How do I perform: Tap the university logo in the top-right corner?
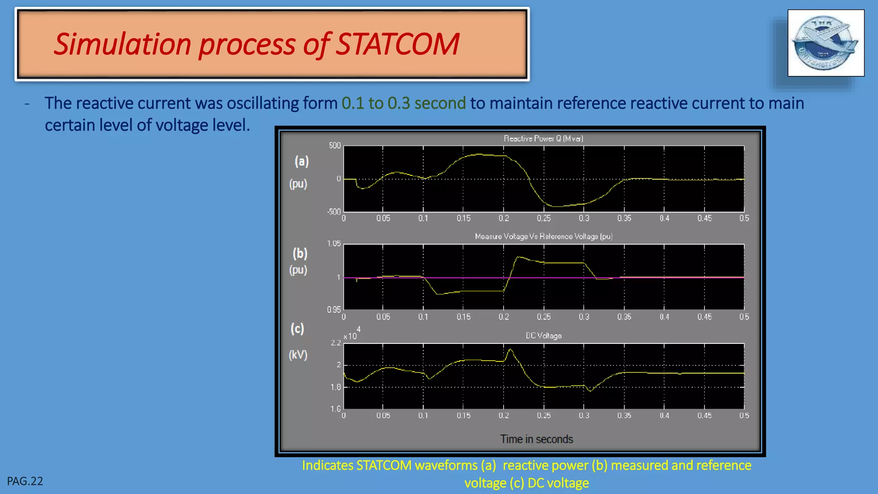coord(826,43)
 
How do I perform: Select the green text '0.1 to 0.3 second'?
coord(403,103)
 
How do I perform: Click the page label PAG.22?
coord(25,481)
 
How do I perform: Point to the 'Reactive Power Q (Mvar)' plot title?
coord(543,139)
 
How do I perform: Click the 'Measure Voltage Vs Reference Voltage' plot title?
coord(543,236)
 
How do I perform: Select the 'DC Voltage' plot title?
coord(544,335)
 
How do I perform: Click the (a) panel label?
coord(301,161)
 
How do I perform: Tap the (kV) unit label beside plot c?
coord(298,355)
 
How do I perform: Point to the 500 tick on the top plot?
coord(335,146)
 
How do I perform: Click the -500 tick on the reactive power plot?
coord(334,212)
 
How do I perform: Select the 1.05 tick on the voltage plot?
coord(334,244)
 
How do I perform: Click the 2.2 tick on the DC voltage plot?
coord(336,343)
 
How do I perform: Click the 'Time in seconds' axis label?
coord(536,439)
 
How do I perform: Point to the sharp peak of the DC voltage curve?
coord(510,349)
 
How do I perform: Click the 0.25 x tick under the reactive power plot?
coord(544,218)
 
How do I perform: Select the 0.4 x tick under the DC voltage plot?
coord(664,416)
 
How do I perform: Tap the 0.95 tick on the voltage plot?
coord(334,310)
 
